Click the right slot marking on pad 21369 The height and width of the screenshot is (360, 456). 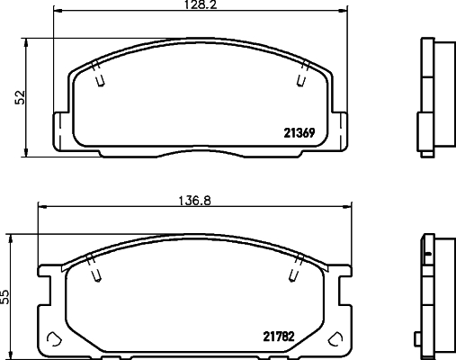click(300, 78)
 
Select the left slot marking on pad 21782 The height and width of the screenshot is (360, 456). click(93, 269)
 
